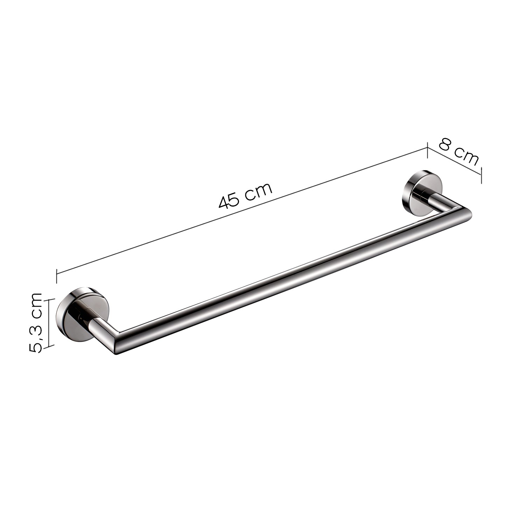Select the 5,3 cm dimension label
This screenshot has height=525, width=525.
point(36,322)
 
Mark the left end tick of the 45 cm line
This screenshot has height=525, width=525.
point(56,276)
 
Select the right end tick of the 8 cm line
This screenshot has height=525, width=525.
point(481,175)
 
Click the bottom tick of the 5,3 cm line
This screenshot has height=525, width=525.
point(49,346)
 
